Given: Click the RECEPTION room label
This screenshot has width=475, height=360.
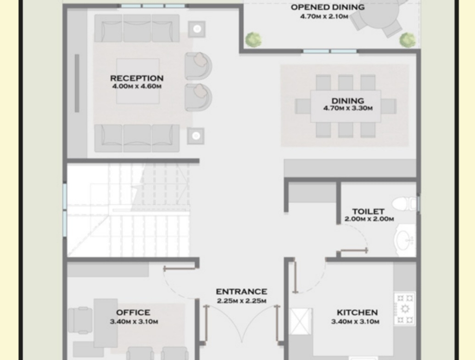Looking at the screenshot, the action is (137, 78).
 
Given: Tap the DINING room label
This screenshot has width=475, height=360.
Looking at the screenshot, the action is (348, 101).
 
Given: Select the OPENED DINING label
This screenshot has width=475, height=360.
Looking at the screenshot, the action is (328, 7).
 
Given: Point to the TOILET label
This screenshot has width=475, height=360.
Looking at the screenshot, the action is (369, 211).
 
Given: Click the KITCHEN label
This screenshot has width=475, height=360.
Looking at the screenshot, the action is (357, 312).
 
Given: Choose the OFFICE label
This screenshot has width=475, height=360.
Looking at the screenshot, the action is (133, 312).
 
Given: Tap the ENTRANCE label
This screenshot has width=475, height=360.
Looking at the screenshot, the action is (241, 292).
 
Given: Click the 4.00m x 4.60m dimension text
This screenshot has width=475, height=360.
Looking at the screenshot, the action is (137, 86).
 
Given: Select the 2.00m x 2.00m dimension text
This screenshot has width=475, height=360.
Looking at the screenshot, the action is (369, 219).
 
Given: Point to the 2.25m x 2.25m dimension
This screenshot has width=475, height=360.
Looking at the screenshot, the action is (241, 301).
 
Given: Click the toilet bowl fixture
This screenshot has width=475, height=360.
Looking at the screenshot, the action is (404, 204).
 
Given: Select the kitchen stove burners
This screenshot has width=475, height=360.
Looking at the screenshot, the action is (405, 309).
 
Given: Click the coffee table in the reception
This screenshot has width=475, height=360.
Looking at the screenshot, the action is (138, 81).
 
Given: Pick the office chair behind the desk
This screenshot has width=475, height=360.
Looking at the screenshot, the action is (80, 321).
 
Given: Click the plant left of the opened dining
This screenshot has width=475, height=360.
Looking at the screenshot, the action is (253, 39).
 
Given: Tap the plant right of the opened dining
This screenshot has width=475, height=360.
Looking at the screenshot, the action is (408, 39).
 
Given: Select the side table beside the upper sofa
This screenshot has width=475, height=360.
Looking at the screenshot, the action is (197, 29).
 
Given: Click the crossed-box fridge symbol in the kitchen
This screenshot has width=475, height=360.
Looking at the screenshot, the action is (301, 321).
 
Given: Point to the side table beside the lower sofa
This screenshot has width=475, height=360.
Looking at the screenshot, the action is (196, 136).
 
